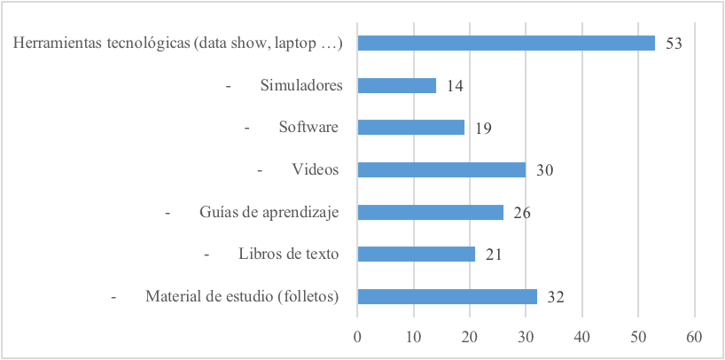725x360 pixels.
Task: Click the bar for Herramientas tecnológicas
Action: [x=505, y=43]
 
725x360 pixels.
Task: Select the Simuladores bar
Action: [x=396, y=85]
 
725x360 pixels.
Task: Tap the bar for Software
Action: [x=410, y=127]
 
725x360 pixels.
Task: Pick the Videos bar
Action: [x=441, y=169]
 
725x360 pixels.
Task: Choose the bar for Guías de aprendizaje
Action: [x=430, y=212]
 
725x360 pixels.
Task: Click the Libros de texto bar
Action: [x=416, y=254]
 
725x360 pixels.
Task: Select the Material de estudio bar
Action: [x=447, y=296]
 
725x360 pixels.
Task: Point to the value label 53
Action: [x=674, y=43]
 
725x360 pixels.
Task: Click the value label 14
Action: [x=456, y=86]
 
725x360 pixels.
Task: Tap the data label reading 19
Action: [x=483, y=128]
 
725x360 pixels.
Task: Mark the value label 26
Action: [x=521, y=213]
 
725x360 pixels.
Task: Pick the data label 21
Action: [x=494, y=254]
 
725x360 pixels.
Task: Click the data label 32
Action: [x=556, y=297]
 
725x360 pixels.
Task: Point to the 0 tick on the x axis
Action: [x=357, y=337]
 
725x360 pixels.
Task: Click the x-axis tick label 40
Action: [x=582, y=337]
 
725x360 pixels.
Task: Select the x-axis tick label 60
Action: [x=695, y=337]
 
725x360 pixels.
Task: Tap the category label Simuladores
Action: [x=301, y=85]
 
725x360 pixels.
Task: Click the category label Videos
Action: [x=316, y=169]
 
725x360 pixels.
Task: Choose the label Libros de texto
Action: [x=289, y=254]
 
